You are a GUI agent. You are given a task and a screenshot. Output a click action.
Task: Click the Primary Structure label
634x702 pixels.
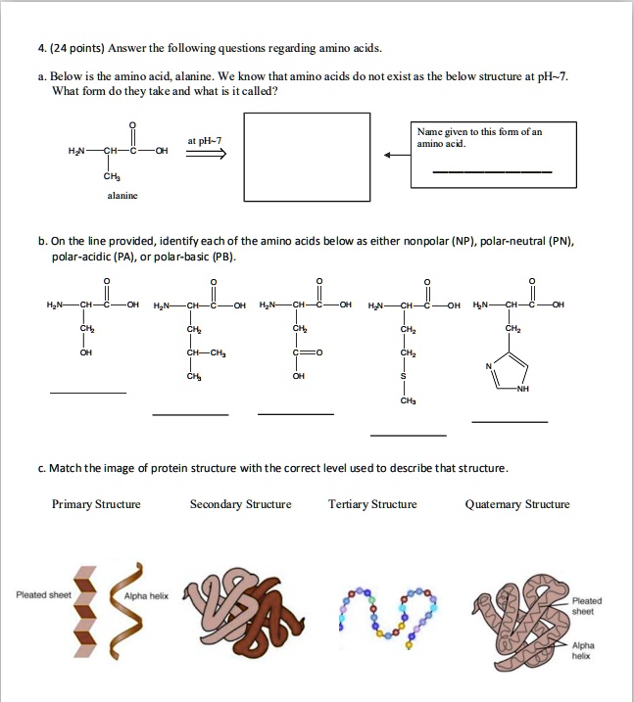tap(96, 504)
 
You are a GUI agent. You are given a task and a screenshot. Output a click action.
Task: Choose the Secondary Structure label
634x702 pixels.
tap(240, 504)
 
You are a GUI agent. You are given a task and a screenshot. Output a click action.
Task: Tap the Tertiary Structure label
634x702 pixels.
tap(372, 504)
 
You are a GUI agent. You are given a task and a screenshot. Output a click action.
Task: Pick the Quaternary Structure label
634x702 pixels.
tap(517, 504)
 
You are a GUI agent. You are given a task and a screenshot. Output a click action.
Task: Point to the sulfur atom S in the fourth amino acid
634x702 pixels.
tap(405, 376)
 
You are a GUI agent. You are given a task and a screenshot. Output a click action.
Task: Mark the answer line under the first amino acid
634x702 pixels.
tap(88, 394)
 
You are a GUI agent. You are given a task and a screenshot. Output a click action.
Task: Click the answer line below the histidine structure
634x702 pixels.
tap(510, 421)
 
